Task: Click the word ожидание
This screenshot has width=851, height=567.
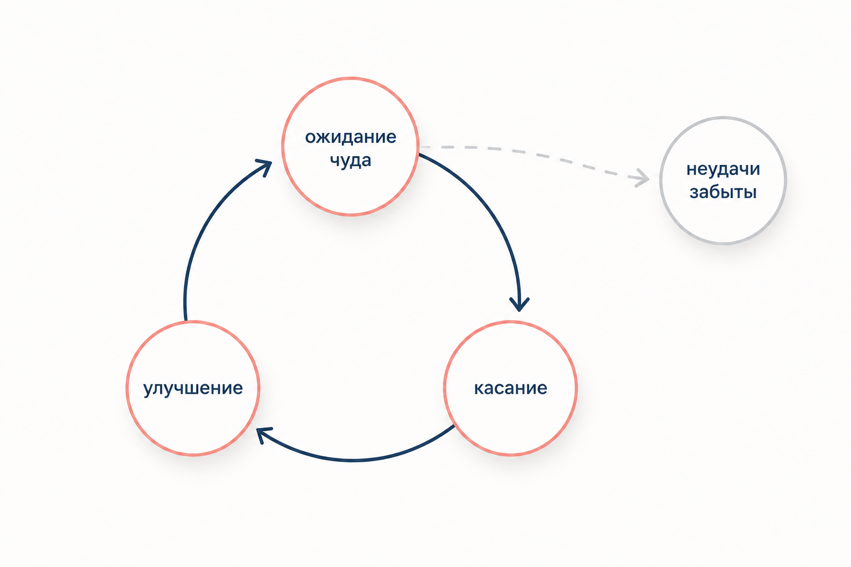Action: coord(350,137)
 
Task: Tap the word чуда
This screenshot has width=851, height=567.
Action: coord(350,161)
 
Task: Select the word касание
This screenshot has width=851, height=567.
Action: coord(511,388)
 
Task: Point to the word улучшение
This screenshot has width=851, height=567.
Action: coord(193,389)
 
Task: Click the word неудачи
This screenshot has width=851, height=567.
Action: coord(723,169)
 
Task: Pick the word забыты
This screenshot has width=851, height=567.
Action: coord(723,192)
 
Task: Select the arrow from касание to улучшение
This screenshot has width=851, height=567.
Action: coord(353,460)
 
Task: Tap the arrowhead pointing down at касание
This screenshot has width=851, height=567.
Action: coord(519,305)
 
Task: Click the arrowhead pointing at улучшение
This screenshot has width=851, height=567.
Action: coord(263,435)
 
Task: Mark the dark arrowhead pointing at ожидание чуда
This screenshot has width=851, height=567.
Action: coord(265,166)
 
